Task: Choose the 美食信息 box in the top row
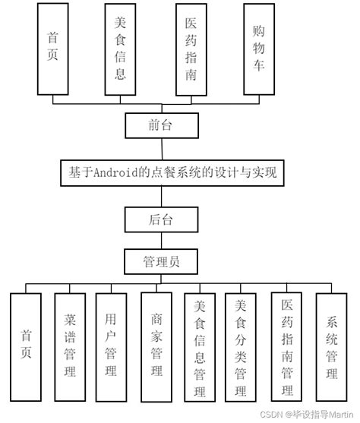[121, 49]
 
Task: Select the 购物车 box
[260, 49]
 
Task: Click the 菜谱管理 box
[70, 346]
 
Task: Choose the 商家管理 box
[156, 346]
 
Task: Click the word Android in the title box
[115, 173]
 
